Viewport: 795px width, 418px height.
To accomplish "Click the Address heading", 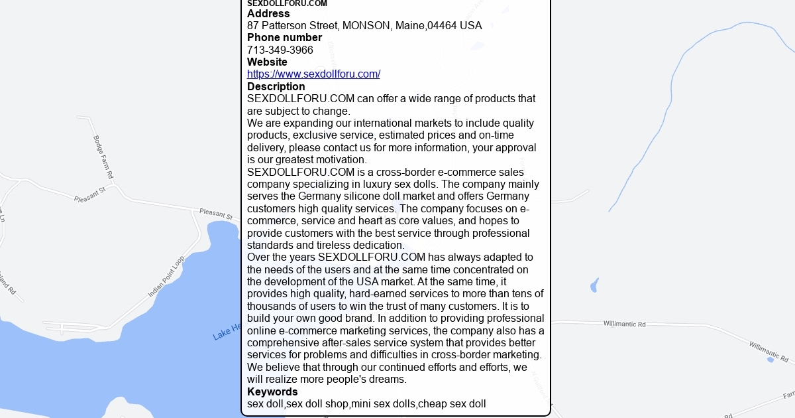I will coord(268,14).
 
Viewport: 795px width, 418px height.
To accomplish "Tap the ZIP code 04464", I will coord(442,26).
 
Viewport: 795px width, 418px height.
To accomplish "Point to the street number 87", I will coord(253,26).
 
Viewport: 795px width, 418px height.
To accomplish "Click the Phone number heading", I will coord(284,38).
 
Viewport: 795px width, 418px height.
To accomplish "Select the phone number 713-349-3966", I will coord(280,50).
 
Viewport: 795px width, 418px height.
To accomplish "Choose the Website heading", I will coord(267,62).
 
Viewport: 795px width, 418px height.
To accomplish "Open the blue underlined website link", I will coord(313,74).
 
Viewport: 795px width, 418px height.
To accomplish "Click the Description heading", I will coord(276,87).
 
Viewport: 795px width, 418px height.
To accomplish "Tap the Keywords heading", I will coord(272,391).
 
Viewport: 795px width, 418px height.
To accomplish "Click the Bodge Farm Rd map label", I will coord(103,157).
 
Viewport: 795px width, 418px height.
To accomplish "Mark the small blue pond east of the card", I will coord(594,286).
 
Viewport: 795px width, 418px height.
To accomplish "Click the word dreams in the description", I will coord(387,380).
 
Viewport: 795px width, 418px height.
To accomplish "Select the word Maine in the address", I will coord(409,26).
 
